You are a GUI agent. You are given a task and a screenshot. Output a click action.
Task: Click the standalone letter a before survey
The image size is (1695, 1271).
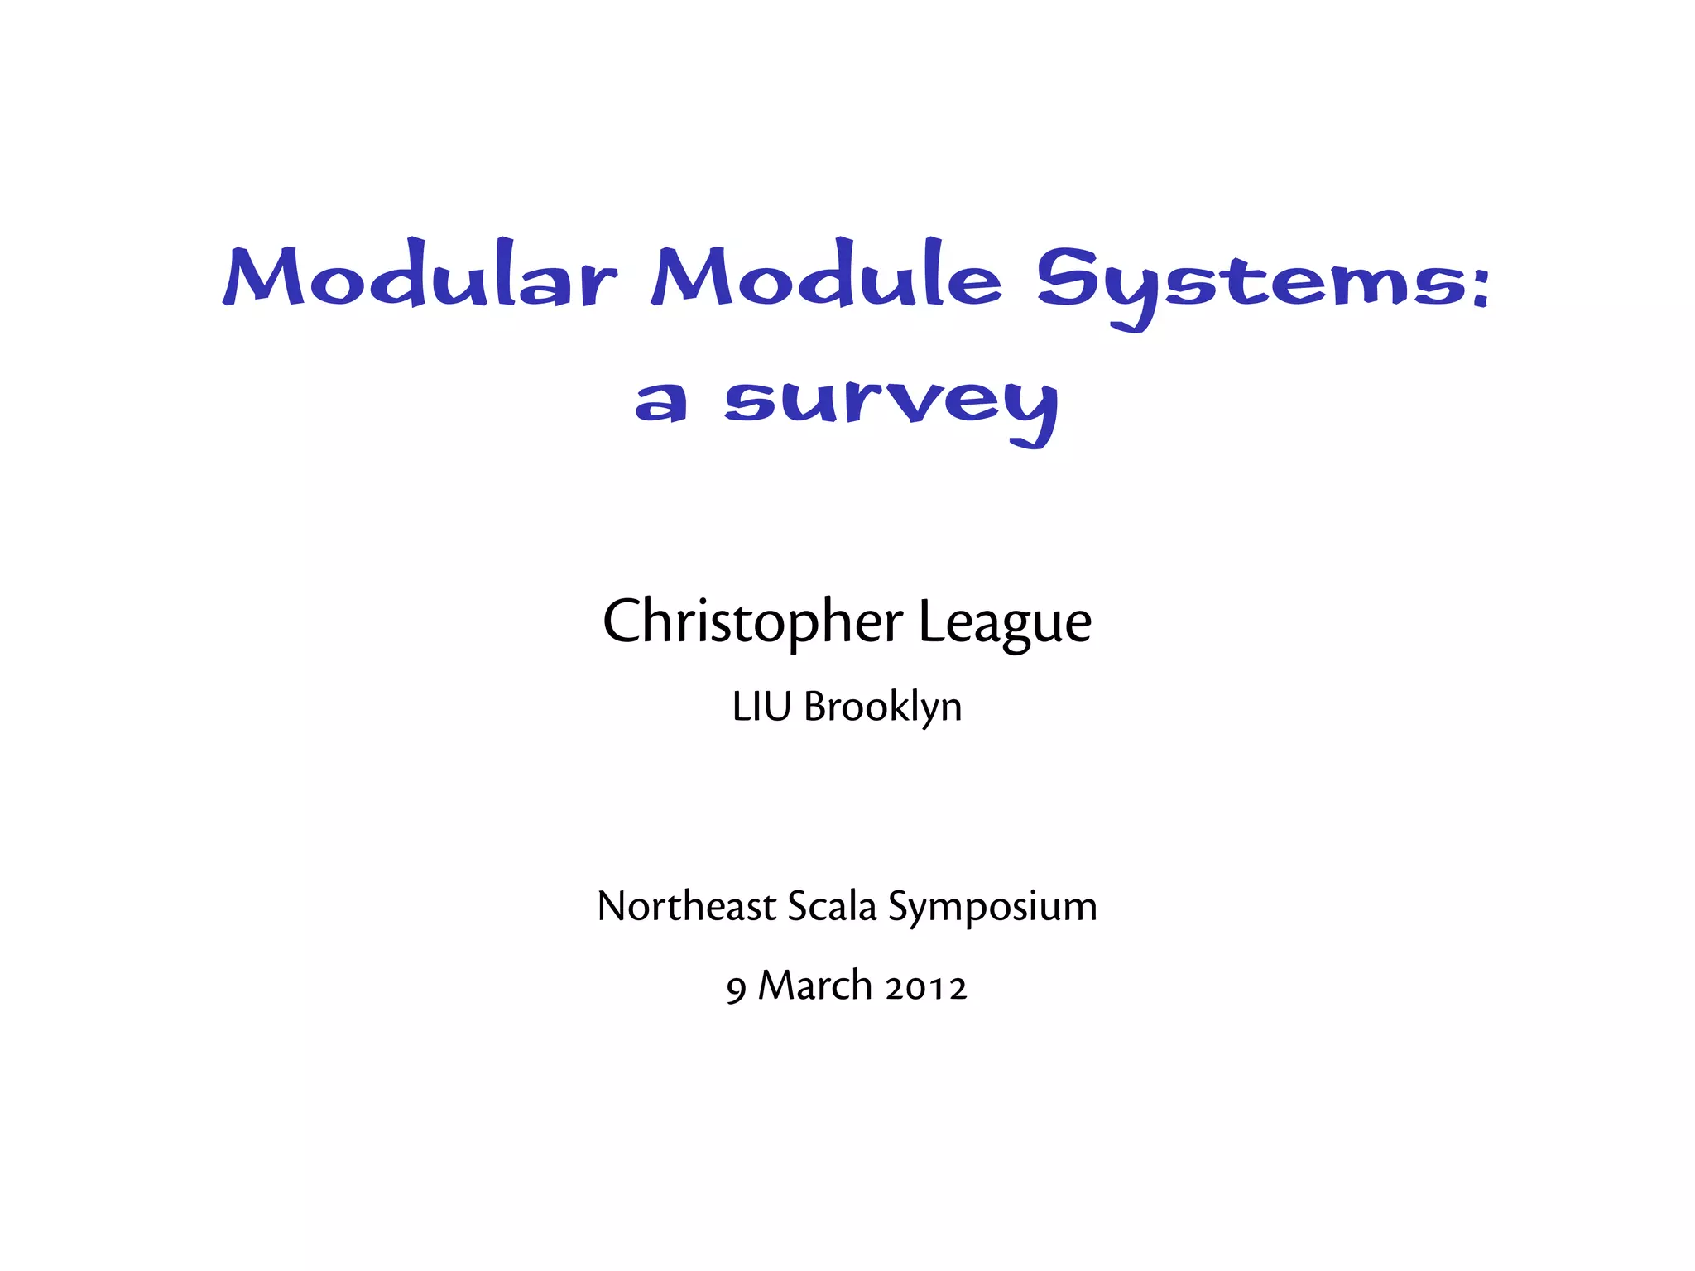[660, 402]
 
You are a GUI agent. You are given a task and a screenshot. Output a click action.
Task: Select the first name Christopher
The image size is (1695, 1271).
[752, 622]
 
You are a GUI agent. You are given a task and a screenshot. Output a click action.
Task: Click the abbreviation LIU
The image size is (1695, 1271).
[761, 707]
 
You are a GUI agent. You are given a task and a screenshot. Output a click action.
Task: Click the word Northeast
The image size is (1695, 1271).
[686, 907]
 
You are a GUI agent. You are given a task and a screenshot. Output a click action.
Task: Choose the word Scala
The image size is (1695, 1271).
[831, 907]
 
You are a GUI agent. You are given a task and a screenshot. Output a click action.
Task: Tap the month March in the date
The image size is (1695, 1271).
[815, 986]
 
